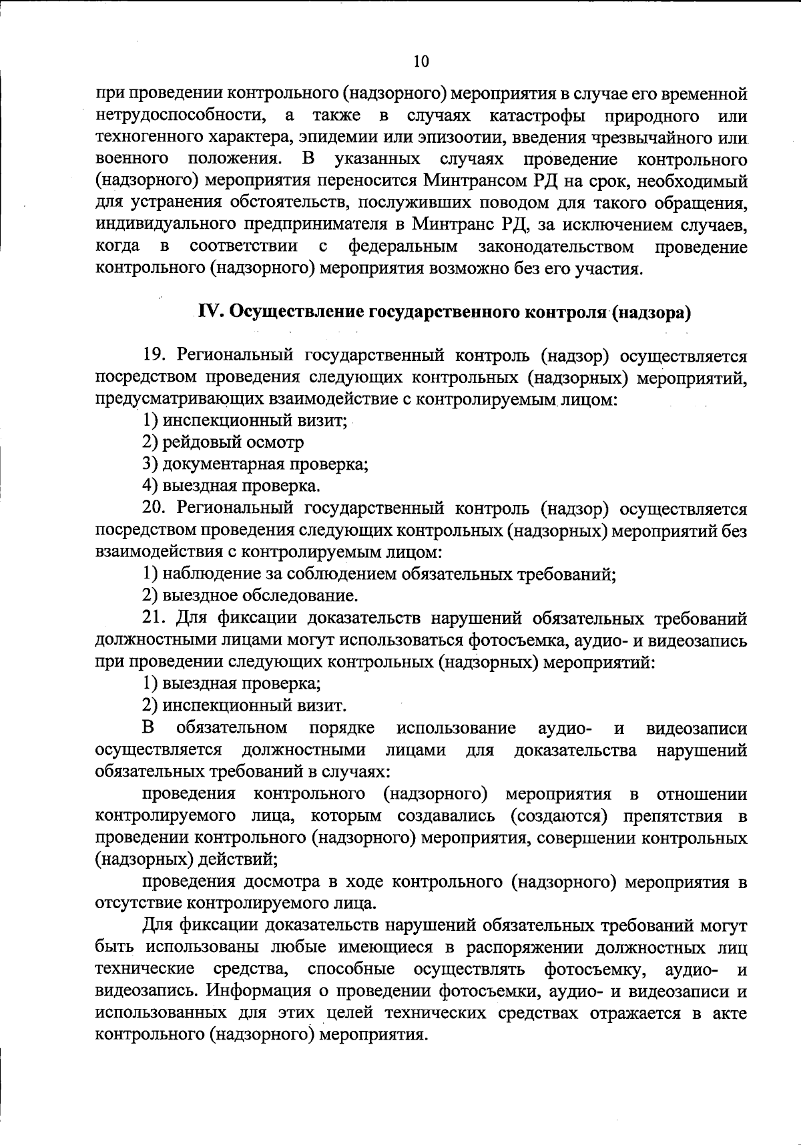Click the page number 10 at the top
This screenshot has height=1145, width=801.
point(421,62)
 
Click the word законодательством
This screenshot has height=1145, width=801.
point(556,247)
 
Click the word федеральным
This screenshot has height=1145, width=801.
point(403,247)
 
